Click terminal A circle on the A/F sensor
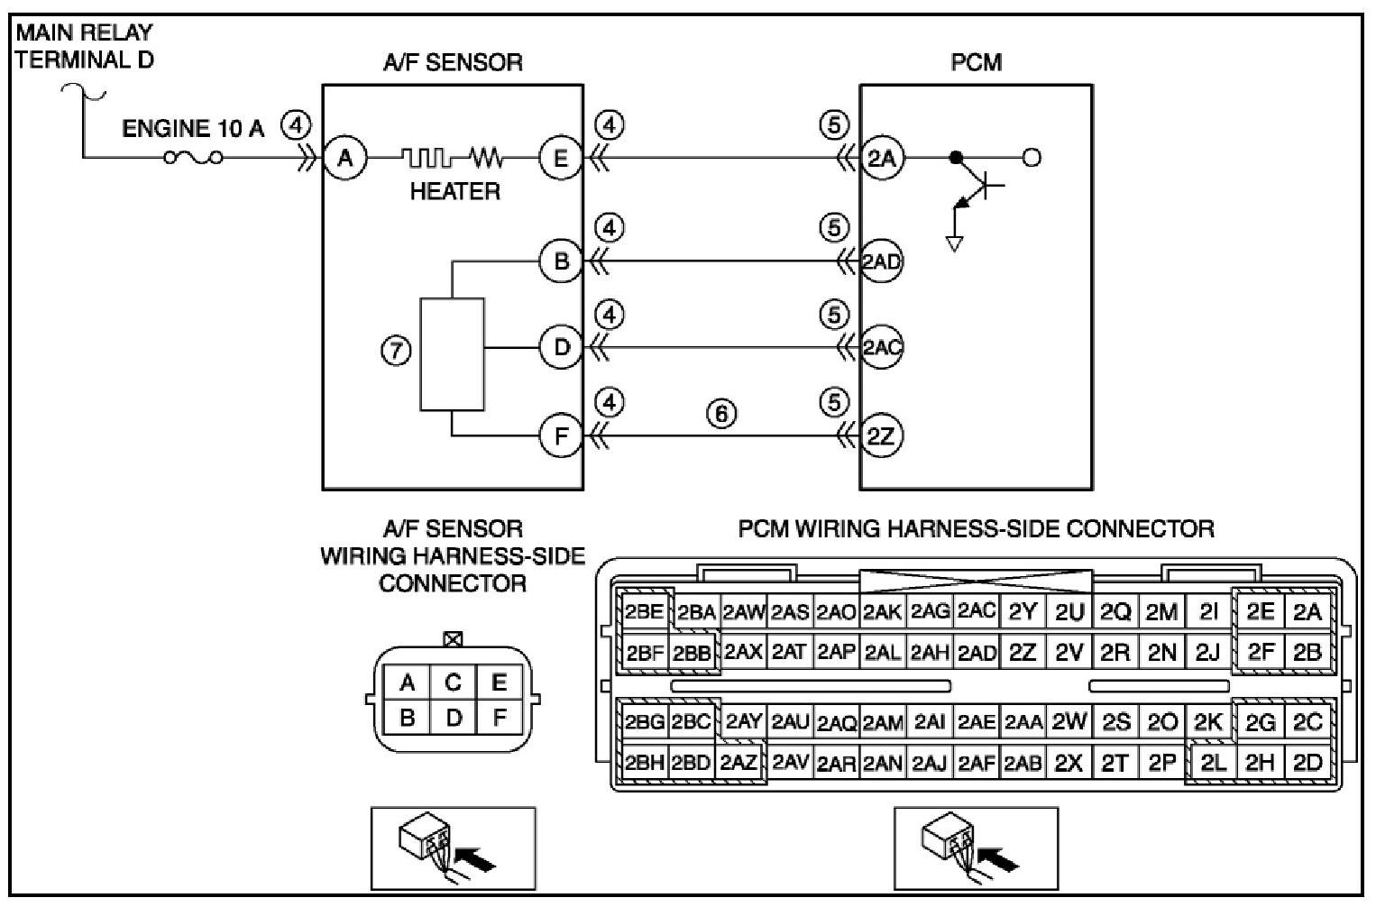(x=345, y=159)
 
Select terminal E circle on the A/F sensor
(x=561, y=159)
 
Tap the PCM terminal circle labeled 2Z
(x=882, y=436)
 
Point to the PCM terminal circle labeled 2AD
(x=882, y=261)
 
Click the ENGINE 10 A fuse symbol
(x=193, y=158)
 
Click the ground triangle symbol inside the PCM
(x=955, y=243)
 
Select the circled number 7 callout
(x=396, y=351)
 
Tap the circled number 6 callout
(x=721, y=413)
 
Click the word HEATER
(x=454, y=192)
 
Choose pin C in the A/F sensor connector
(x=453, y=683)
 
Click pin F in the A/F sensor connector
(x=500, y=718)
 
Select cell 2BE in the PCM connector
(x=644, y=611)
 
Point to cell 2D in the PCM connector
(x=1307, y=763)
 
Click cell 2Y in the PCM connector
(x=1023, y=611)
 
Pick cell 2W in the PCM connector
(x=1069, y=722)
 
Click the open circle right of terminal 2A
(x=1032, y=158)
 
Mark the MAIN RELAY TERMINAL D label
(x=84, y=46)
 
